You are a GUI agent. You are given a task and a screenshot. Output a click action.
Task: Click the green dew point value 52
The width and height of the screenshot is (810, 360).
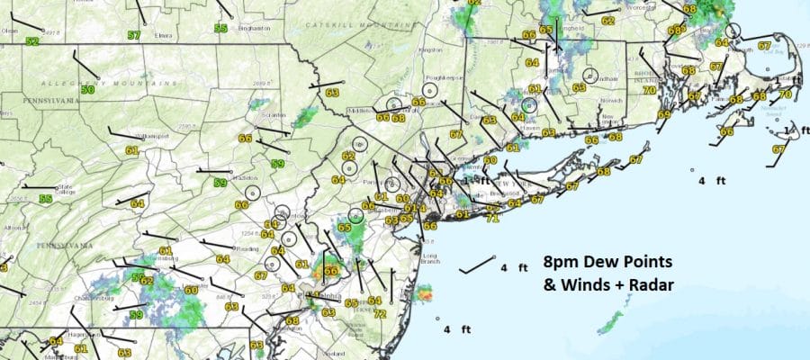click(32, 41)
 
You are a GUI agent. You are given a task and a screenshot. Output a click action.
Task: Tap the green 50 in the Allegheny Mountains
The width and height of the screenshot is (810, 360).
click(87, 90)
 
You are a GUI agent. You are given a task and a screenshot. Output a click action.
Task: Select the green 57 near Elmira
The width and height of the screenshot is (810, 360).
click(134, 36)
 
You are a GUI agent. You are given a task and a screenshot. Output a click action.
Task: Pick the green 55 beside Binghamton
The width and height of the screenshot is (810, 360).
click(220, 29)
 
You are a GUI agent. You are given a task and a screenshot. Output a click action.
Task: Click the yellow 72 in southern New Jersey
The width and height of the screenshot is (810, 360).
click(381, 314)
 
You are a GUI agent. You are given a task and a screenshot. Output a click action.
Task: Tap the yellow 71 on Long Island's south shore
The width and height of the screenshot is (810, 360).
click(492, 218)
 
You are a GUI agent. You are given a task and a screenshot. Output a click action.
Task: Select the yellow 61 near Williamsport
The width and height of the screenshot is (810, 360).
click(131, 150)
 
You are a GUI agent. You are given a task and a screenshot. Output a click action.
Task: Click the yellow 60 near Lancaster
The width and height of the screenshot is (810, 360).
click(191, 289)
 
